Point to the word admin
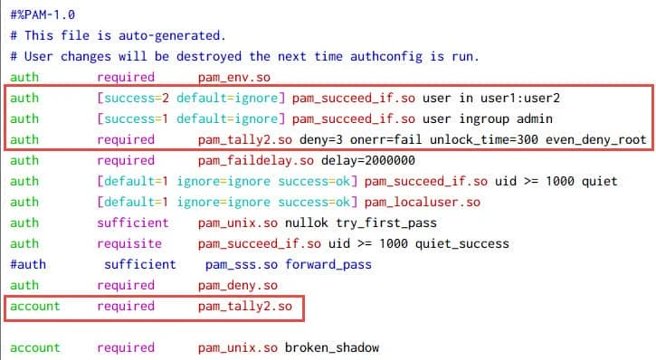(x=521, y=119)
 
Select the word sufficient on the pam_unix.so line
(x=132, y=223)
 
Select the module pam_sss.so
(x=240, y=265)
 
